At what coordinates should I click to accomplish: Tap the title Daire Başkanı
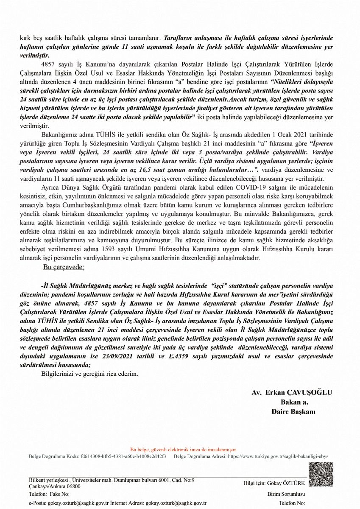click(293, 411)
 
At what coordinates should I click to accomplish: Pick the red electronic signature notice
click(184, 450)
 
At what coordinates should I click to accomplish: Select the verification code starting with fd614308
click(123, 456)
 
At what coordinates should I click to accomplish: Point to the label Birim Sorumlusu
click(286, 494)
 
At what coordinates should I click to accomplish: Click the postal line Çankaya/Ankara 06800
click(55, 486)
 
